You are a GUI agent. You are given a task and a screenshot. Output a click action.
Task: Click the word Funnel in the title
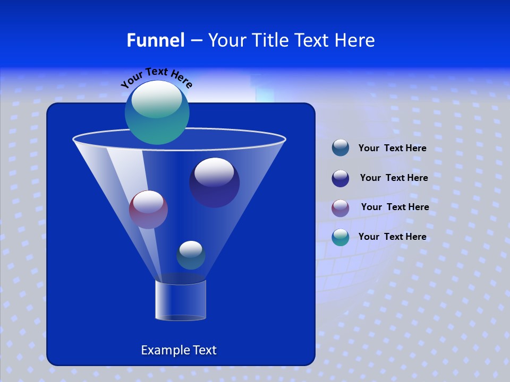[156, 40]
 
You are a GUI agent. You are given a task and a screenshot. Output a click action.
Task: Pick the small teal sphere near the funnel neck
[191, 255]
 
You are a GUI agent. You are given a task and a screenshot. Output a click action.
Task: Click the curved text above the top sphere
[157, 77]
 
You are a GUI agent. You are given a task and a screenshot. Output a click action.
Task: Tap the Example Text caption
[178, 350]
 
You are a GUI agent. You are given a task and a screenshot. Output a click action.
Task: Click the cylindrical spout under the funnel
[181, 300]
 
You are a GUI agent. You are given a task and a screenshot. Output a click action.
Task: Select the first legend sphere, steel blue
[341, 148]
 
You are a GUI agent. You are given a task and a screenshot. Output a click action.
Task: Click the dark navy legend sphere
[341, 178]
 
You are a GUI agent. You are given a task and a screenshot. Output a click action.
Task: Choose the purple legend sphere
[341, 207]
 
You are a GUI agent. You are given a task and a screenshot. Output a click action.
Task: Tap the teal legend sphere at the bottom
[341, 237]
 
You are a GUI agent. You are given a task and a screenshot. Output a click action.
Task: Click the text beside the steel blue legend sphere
[392, 149]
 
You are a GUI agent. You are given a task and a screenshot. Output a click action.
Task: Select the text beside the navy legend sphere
[394, 178]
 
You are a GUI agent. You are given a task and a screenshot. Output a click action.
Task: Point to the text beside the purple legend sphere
[395, 207]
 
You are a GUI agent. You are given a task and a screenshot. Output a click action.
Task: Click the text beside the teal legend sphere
[392, 237]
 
